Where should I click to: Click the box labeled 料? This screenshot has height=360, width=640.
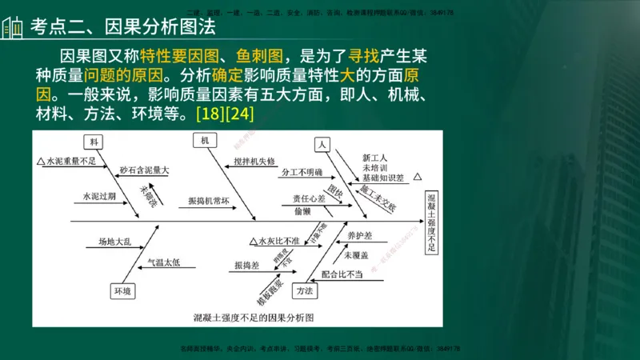click(94, 142)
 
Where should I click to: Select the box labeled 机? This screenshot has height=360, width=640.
click(205, 140)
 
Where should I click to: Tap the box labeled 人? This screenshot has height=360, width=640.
click(322, 145)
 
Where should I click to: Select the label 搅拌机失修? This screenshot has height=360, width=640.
click(254, 161)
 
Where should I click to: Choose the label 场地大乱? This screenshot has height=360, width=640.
click(114, 241)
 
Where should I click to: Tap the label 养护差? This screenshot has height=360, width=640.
click(359, 237)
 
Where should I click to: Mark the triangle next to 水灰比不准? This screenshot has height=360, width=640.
click(253, 241)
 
